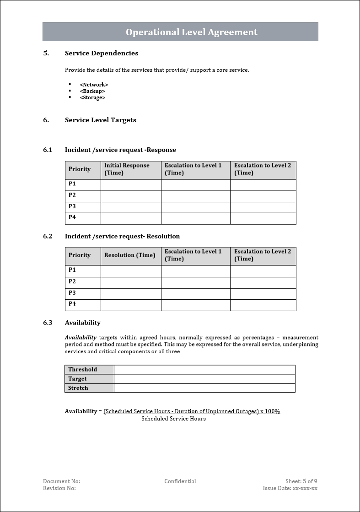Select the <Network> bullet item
94,85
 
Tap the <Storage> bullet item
92,97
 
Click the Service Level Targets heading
101,120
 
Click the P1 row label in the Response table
72,184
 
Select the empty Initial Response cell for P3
131,207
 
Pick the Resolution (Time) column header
130,255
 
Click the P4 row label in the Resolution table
72,304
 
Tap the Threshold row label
83,369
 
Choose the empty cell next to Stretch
204,388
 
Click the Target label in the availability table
78,379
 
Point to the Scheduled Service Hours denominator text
173,419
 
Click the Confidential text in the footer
180,481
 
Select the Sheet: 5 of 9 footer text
301,481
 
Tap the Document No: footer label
61,481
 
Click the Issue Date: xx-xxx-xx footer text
290,488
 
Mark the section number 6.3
48,323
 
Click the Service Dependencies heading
102,53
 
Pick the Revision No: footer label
59,488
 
